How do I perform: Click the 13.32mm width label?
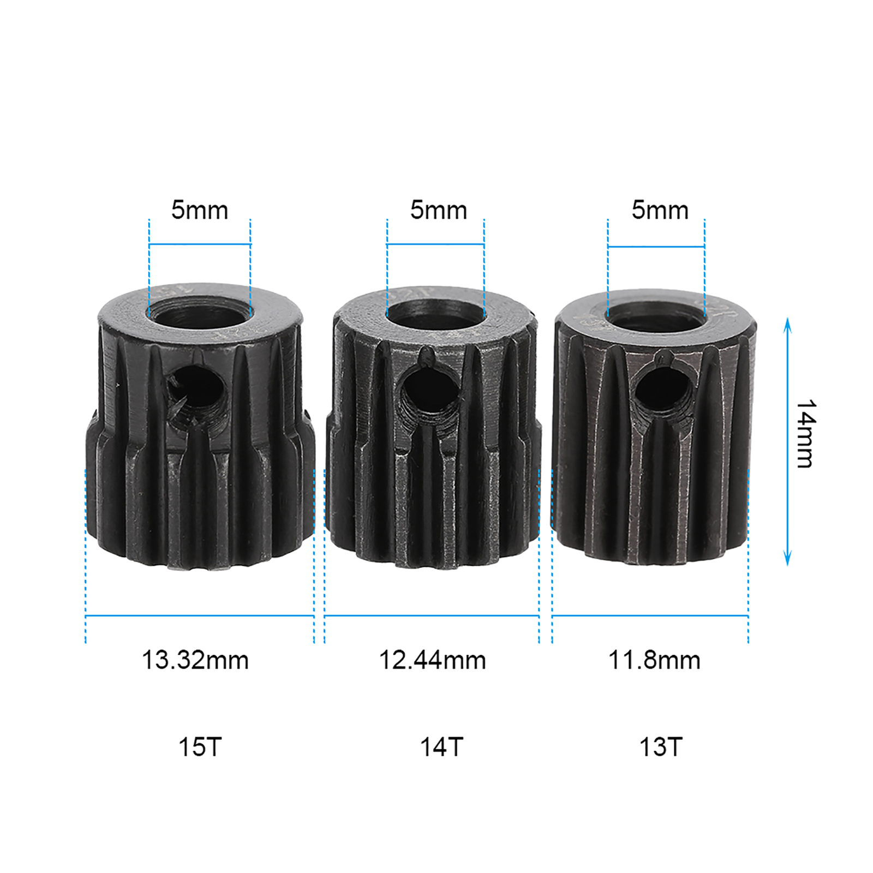pos(195,660)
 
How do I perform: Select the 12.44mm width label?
pos(432,660)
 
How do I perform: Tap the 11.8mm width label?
pos(654,660)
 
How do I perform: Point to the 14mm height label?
pos(805,434)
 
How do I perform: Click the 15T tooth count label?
pos(200,747)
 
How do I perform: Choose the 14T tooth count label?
pos(441,747)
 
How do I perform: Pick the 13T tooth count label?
pos(661,747)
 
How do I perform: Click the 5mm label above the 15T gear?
pos(200,210)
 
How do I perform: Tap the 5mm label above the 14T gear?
pos(439,210)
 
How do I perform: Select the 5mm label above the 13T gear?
pos(660,210)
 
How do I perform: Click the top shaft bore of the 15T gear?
pos(200,314)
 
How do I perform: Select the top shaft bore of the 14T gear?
pos(435,315)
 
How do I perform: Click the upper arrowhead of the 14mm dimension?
pos(787,324)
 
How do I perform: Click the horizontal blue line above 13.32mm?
pos(200,616)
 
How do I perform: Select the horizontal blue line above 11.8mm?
pos(650,616)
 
